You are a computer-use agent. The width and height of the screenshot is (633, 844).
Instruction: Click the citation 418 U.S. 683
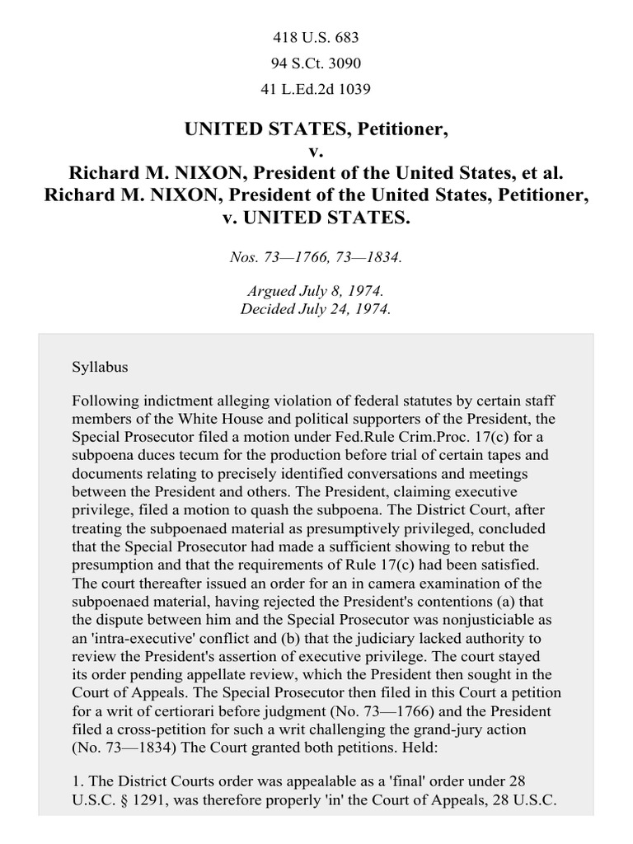tap(316, 37)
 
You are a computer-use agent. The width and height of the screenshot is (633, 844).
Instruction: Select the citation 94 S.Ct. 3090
tap(316, 63)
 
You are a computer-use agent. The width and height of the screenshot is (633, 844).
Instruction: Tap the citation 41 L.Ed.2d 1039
tap(316, 90)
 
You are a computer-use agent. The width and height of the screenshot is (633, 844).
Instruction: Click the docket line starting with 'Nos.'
tap(316, 257)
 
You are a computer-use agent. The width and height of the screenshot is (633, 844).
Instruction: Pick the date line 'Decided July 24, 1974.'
tap(316, 310)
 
